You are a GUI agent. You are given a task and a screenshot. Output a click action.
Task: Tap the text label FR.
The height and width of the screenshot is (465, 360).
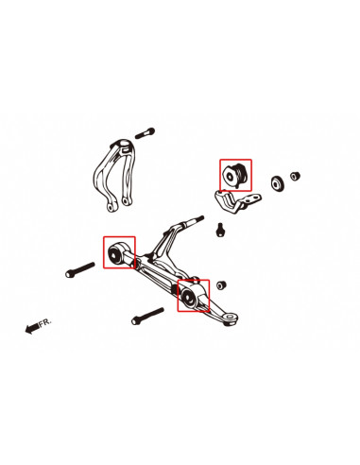[x=46, y=322]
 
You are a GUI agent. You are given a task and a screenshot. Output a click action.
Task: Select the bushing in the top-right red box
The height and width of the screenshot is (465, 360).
[x=234, y=175]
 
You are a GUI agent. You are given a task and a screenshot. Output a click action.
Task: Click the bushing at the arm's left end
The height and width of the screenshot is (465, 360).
[x=118, y=252]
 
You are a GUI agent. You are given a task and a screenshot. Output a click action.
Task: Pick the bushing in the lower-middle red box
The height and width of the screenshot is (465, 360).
[x=192, y=296]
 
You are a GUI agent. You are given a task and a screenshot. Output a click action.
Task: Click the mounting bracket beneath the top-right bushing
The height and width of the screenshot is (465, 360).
[x=230, y=200]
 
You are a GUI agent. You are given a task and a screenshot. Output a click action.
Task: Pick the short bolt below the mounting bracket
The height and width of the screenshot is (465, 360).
[x=220, y=229]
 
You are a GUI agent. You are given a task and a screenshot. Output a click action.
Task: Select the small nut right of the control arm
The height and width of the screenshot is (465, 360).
[x=221, y=284]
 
